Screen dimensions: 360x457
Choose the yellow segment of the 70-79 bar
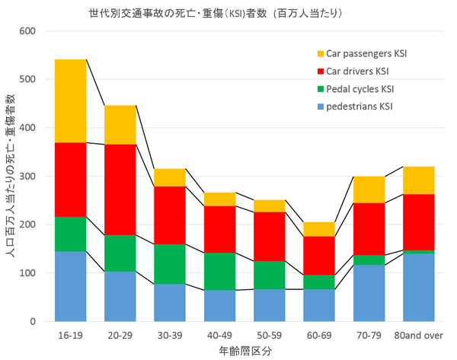369,190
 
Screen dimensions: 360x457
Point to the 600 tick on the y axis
27,31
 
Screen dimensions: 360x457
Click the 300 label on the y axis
27,176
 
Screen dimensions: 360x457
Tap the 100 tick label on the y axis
27,272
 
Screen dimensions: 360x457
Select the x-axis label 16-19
70,334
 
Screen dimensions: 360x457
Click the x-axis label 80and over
417,334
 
